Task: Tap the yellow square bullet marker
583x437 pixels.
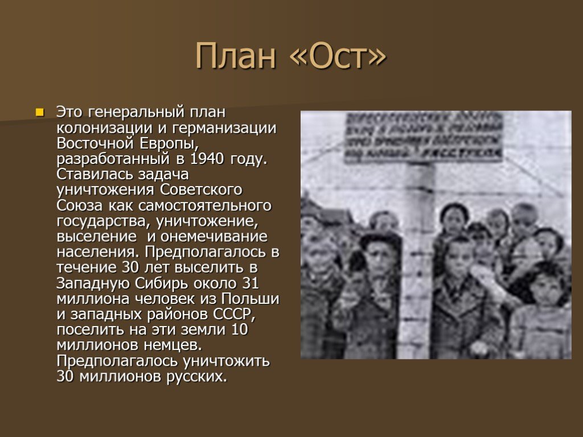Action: [40, 111]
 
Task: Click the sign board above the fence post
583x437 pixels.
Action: [424, 137]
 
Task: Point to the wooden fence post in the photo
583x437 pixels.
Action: [420, 256]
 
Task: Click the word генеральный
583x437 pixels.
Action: [136, 111]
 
